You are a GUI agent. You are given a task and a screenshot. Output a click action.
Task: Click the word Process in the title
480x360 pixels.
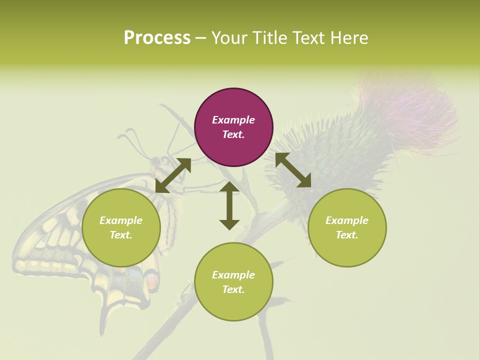click(x=157, y=38)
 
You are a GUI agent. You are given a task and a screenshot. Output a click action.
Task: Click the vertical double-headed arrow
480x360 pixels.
click(x=229, y=205)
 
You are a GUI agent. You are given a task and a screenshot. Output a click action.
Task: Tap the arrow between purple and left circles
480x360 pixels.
click(x=173, y=175)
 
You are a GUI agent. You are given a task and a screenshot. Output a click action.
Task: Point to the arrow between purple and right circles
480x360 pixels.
click(x=293, y=170)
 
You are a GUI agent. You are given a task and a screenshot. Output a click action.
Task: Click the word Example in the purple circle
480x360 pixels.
click(x=233, y=120)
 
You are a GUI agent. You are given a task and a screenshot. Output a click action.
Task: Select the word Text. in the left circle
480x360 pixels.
click(x=121, y=235)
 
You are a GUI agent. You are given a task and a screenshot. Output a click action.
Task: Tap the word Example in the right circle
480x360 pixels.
click(x=347, y=220)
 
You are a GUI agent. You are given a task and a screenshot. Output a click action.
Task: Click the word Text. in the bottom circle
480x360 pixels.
click(x=233, y=289)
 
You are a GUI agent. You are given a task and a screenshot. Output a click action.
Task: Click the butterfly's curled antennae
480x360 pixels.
click(x=131, y=136)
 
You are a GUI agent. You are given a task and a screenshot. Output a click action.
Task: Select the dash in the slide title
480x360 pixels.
click(x=201, y=39)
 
